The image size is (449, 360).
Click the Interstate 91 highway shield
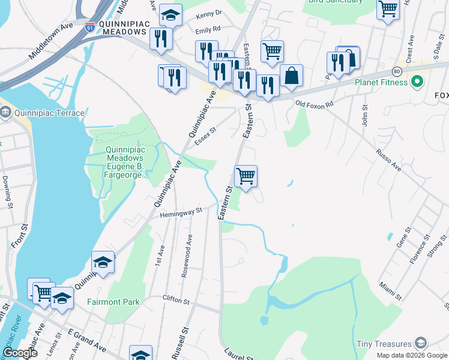(x=90, y=28)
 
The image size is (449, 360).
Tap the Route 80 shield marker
(x=397, y=70)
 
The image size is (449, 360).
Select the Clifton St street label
(x=176, y=298)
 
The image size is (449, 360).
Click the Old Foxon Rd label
(x=315, y=104)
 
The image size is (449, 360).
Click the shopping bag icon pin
(x=291, y=76)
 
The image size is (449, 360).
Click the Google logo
(x=20, y=353)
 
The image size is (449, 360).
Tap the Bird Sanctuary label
(x=335, y=2)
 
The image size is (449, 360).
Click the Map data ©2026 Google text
(x=412, y=355)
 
